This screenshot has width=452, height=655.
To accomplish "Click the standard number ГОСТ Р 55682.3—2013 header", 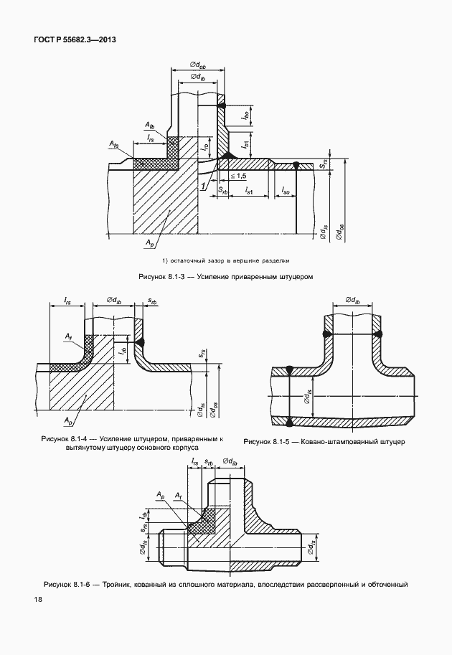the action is [75, 40].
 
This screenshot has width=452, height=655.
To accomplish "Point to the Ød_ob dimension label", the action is [197, 65].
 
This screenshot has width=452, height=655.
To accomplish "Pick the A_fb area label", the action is [149, 125].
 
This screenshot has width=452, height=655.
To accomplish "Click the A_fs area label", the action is [114, 143].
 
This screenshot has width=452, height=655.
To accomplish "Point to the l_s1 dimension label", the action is [249, 191].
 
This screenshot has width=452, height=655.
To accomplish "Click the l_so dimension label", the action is [286, 191].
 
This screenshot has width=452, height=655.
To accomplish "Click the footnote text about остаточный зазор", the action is [225, 260].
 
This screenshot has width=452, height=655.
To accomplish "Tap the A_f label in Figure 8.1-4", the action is [68, 336].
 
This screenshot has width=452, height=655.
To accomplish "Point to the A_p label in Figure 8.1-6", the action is [161, 494].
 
